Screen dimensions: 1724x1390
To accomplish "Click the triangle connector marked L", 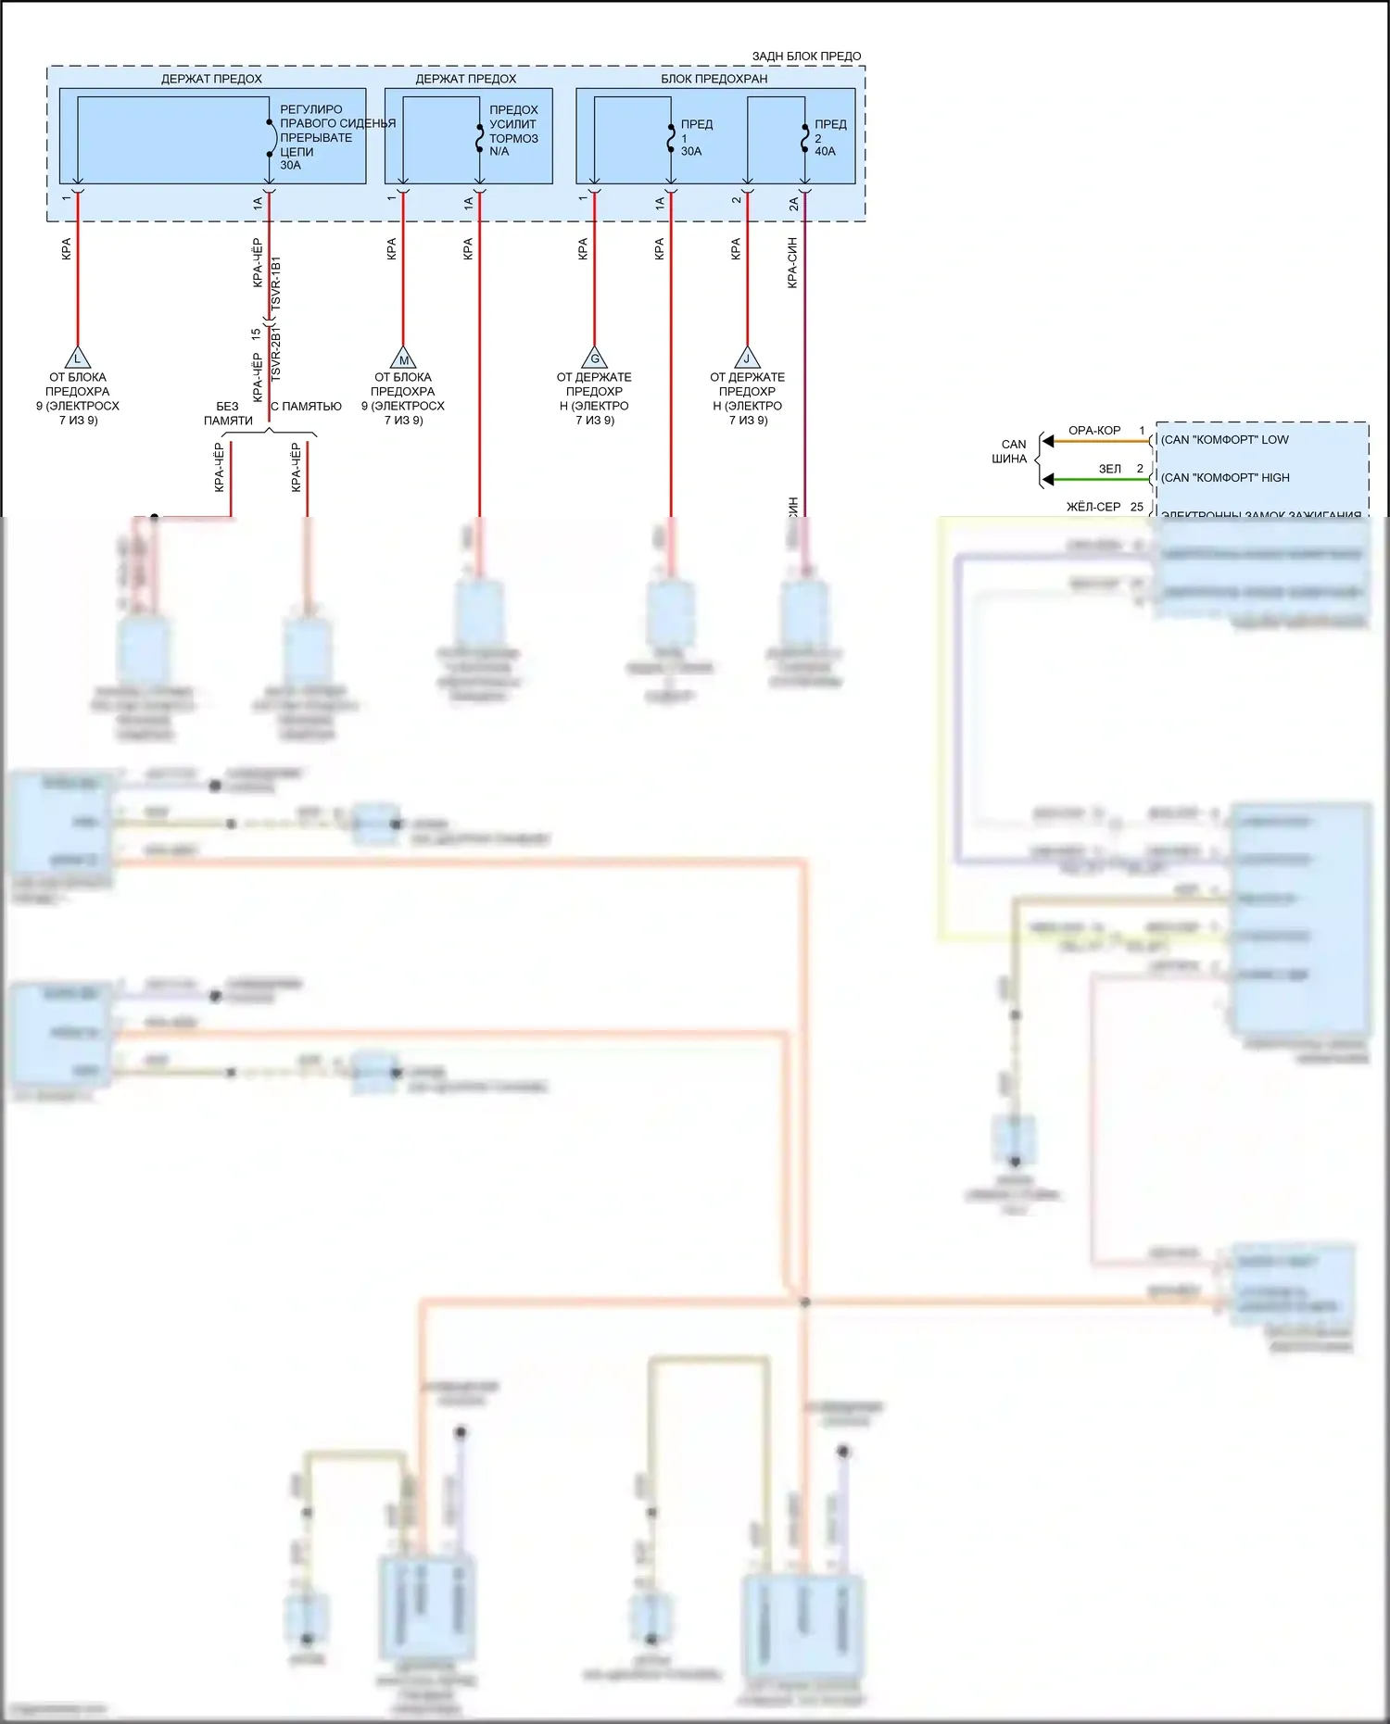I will click(78, 358).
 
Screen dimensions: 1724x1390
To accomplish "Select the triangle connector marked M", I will click(403, 359).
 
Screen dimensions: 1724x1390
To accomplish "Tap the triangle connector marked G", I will click(594, 358).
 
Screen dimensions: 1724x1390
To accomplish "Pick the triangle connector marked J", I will click(747, 358).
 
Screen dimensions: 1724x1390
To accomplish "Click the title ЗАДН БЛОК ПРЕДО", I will click(806, 57).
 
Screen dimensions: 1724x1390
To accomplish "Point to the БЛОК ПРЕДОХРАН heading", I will click(714, 79).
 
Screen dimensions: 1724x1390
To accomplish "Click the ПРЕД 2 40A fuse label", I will click(829, 137).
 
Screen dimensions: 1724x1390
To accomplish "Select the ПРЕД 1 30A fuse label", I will click(696, 137).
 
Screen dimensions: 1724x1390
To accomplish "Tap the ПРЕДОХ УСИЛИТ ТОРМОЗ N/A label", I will click(513, 131).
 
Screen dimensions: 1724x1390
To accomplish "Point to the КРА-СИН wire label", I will click(792, 263).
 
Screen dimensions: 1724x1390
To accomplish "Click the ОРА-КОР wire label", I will click(1094, 431).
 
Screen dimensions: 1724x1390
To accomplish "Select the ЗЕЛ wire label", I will click(1109, 469).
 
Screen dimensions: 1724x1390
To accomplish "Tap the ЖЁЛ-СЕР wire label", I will click(1093, 507).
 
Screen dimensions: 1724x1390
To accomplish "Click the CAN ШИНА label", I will click(1011, 452).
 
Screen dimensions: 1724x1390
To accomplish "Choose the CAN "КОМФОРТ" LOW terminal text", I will click(1224, 440).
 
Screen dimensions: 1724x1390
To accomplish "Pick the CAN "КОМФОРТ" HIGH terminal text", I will click(1225, 478).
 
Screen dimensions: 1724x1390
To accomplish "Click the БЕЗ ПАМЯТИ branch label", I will click(228, 413).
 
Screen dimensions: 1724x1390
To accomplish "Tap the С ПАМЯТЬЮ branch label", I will click(306, 407).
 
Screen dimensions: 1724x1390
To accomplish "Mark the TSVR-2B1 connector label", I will click(275, 353).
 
